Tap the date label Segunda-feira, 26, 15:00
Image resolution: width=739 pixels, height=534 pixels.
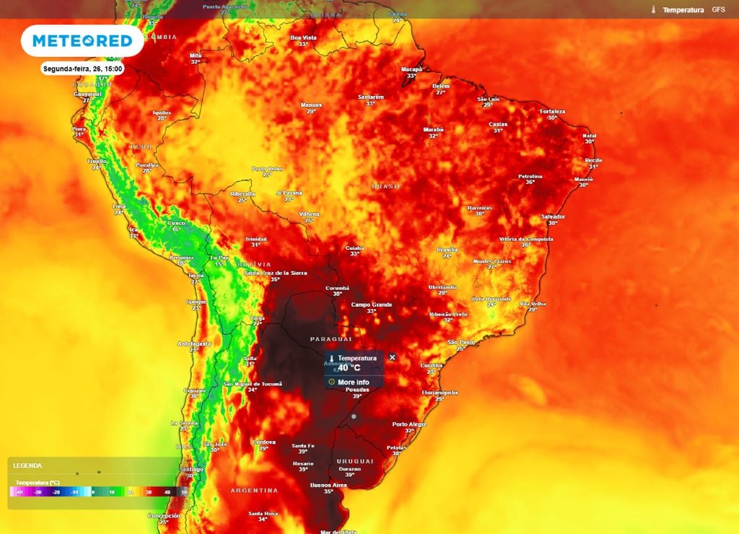coord(82,69)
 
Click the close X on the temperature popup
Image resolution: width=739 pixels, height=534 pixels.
coord(393,357)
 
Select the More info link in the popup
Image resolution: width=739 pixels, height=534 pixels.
coord(353,382)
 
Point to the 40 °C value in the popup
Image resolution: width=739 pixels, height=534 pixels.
coord(349,367)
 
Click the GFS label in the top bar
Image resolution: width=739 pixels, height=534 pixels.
coord(718,10)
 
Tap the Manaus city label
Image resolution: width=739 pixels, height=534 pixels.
coord(311,105)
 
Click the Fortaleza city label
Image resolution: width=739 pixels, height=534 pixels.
coord(552,111)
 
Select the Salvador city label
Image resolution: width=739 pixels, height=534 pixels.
coord(554,216)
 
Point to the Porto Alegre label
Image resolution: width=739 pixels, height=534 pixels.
coord(409,424)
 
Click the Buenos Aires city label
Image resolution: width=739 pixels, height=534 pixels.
coord(328,485)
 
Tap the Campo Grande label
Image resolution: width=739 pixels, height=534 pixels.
coord(372,305)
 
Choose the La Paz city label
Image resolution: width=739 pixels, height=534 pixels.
coord(219,258)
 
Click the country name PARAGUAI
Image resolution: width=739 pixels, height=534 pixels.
coord(331,338)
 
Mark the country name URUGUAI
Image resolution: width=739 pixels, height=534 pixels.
coord(355,461)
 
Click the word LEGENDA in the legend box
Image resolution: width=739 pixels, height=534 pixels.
coord(27,466)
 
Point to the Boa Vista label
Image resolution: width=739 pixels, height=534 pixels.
coord(303,38)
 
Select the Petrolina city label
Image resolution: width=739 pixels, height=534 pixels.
coord(530,176)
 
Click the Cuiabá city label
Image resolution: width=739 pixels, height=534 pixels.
coord(354,248)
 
